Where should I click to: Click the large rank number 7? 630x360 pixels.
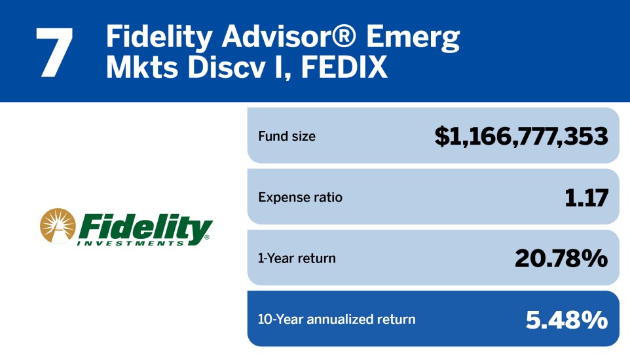click(54, 52)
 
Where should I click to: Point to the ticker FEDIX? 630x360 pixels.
click(344, 67)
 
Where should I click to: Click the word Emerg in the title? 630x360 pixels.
click(413, 38)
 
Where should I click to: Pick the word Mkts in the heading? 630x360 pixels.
click(142, 67)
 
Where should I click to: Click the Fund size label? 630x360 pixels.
click(287, 136)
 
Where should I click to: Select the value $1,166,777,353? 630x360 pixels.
click(521, 136)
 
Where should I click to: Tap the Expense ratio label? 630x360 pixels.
click(300, 197)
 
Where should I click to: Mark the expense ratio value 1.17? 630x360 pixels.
click(586, 198)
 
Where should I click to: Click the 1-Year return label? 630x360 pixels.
click(297, 259)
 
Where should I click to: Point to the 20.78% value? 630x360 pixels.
click(561, 259)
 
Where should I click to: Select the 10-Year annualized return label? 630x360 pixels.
click(337, 319)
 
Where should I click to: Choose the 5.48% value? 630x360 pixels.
click(566, 320)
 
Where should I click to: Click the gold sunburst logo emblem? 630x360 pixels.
click(58, 226)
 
